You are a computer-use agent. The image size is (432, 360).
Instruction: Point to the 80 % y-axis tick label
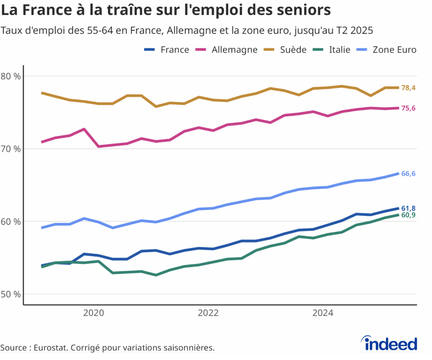pos(11,76)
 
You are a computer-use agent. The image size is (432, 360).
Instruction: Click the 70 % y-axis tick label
pos(11,149)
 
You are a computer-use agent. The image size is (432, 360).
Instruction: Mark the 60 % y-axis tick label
pos(11,221)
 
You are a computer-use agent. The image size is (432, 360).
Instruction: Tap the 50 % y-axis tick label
pos(11,294)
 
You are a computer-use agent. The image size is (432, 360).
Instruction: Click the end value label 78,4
pos(408,88)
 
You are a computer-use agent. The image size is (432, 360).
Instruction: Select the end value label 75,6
pos(408,108)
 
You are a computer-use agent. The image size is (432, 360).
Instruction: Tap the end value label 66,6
pos(408,174)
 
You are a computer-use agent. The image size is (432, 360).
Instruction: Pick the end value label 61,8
pos(408,208)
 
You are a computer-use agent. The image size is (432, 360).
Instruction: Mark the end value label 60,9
pos(408,215)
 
